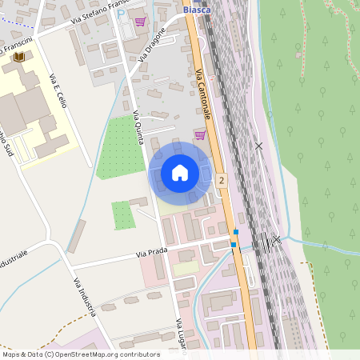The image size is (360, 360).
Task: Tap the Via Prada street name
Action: click(x=151, y=253)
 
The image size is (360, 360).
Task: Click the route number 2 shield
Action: click(x=221, y=181)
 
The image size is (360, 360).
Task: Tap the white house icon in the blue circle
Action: click(x=180, y=173)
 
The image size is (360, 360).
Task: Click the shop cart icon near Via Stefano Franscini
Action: click(x=141, y=22)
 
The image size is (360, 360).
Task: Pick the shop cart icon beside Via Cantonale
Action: click(x=199, y=135)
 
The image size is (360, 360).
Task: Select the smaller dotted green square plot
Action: click(x=122, y=215)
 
